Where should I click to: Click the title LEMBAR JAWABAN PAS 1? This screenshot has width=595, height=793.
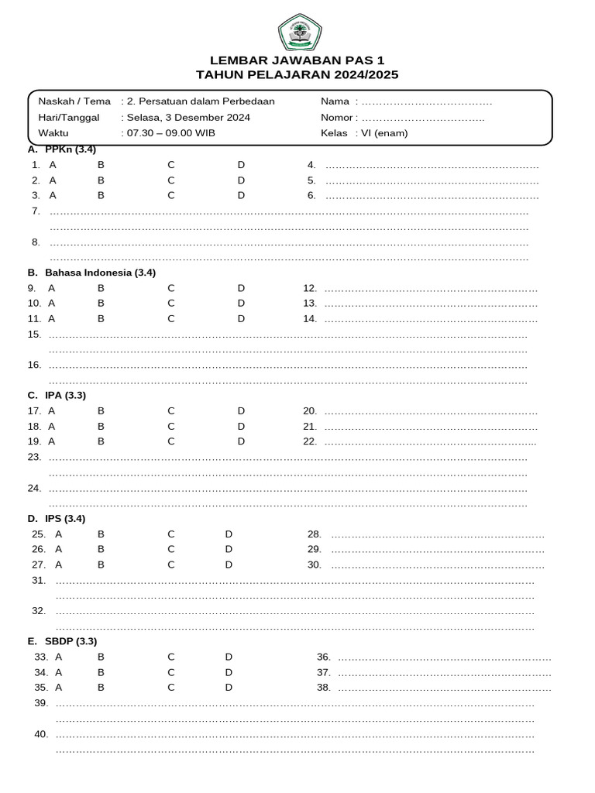[x=297, y=60]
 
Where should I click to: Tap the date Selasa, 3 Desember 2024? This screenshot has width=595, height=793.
[x=187, y=118]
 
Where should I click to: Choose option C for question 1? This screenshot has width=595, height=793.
[x=171, y=165]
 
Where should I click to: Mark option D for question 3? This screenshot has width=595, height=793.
[x=241, y=195]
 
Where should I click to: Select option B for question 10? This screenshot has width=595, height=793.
[x=101, y=303]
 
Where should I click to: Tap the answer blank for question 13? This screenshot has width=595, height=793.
[x=431, y=304]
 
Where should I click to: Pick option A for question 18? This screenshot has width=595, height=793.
[x=52, y=426]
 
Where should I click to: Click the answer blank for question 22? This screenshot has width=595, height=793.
[x=431, y=442]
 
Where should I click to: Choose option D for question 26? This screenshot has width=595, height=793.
[x=229, y=549]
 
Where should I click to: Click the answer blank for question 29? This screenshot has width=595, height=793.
[x=437, y=550]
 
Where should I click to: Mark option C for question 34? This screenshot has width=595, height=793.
[x=171, y=672]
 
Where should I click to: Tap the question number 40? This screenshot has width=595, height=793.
[x=41, y=734]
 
